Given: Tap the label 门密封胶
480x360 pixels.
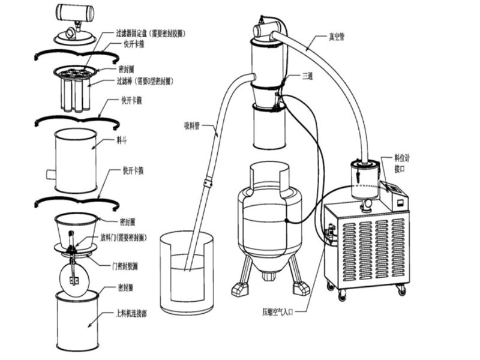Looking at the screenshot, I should [x=130, y=264].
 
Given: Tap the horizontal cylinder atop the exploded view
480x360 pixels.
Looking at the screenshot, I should [x=76, y=13].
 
